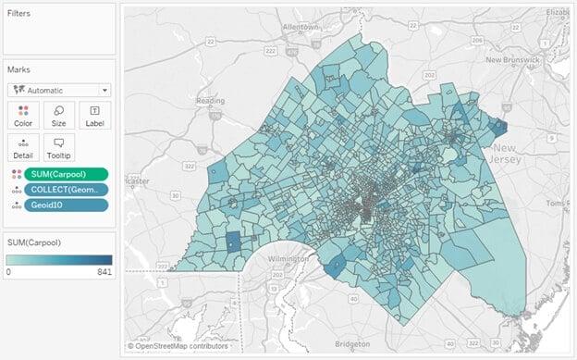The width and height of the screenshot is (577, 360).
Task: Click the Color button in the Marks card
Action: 22,115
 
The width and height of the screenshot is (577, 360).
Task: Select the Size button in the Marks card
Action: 59,115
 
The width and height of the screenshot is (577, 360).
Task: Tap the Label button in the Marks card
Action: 95,115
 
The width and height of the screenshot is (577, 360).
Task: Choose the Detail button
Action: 22,147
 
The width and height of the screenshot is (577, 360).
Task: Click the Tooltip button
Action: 59,147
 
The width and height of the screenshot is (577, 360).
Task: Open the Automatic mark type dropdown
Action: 59,90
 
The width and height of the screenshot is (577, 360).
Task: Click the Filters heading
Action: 19,14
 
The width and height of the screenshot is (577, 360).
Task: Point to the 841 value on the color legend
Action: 103,272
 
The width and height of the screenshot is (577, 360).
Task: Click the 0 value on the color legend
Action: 9,272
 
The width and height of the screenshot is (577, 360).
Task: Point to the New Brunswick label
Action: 532,59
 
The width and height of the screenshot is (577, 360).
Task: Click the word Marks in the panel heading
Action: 19,69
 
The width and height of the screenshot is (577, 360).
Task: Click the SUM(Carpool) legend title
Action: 35,242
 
